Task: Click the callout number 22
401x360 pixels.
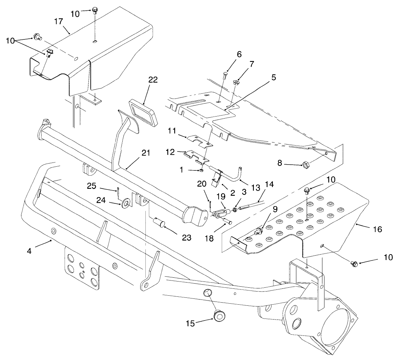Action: click(x=153, y=80)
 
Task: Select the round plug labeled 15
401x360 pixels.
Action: click(x=218, y=316)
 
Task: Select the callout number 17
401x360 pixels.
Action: click(x=58, y=21)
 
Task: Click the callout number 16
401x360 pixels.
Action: click(x=378, y=229)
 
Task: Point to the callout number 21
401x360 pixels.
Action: click(x=145, y=153)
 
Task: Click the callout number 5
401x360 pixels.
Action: click(x=273, y=77)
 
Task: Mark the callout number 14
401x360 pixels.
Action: click(x=268, y=185)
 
